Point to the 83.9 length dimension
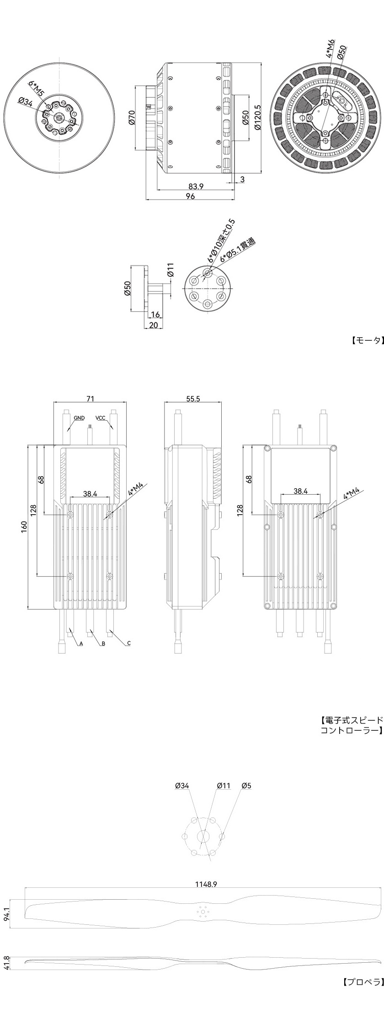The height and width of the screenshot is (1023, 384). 196,186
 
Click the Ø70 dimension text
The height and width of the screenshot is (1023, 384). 131,117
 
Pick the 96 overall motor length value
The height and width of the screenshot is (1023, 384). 191,196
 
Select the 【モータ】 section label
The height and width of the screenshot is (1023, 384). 366,340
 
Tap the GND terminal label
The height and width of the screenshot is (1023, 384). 79,418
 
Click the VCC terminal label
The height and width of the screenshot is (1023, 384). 101,418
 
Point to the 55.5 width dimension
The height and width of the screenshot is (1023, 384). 193,399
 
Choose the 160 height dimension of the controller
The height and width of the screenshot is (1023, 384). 24,526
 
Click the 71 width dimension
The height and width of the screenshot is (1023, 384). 90,399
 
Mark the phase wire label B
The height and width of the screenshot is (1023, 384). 103,643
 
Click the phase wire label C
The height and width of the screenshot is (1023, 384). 129,643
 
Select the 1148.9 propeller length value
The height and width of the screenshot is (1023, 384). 206,884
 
